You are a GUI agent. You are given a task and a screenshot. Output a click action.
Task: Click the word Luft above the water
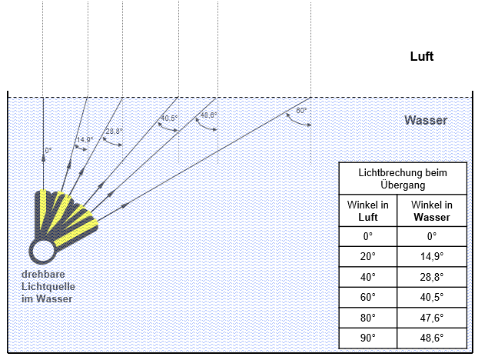pyautogui.click(x=423, y=56)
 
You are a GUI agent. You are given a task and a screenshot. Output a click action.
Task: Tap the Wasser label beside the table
pyautogui.click(x=426, y=121)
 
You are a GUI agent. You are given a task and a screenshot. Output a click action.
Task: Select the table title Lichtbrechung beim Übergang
pyautogui.click(x=403, y=178)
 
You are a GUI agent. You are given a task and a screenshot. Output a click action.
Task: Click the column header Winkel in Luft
pyautogui.click(x=368, y=211)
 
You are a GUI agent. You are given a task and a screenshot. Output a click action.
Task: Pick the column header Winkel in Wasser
pyautogui.click(x=431, y=211)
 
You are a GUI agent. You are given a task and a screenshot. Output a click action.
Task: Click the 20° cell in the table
pyautogui.click(x=368, y=257)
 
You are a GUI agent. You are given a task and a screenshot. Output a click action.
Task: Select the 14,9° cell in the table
pyautogui.click(x=431, y=257)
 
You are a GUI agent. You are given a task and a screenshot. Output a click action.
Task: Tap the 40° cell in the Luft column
pyautogui.click(x=368, y=277)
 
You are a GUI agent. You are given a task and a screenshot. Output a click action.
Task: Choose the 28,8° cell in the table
pyautogui.click(x=431, y=277)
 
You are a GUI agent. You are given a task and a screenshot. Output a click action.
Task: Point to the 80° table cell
pyautogui.click(x=368, y=318)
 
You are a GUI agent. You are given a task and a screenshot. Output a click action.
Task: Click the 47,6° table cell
pyautogui.click(x=431, y=318)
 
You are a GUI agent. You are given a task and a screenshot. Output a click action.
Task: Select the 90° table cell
pyautogui.click(x=368, y=338)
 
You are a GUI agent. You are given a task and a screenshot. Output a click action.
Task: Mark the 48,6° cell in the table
pyautogui.click(x=431, y=338)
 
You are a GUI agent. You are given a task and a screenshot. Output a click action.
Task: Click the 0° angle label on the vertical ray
pyautogui.click(x=48, y=150)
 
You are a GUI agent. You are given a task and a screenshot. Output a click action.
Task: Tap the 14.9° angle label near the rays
pyautogui.click(x=85, y=139)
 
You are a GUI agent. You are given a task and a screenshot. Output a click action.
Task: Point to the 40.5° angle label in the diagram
pyautogui.click(x=169, y=118)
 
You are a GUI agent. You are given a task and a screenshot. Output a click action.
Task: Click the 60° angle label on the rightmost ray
pyautogui.click(x=302, y=111)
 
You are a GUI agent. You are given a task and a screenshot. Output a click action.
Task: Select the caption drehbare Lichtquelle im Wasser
pyautogui.click(x=47, y=287)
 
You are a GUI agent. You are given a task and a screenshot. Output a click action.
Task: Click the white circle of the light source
pyautogui.click(x=42, y=251)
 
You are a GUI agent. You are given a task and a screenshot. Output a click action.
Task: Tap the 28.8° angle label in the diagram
pyautogui.click(x=114, y=132)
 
